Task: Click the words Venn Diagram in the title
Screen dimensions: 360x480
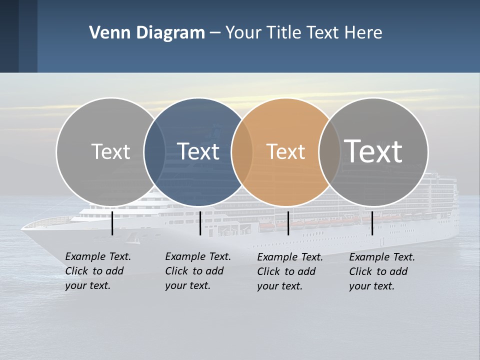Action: pos(146,33)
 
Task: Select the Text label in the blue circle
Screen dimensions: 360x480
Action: pos(198,151)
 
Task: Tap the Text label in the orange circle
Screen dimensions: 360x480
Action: pos(285,151)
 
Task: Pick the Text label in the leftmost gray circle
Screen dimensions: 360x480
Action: pos(110,151)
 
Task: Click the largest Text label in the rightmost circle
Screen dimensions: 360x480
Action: pos(373,151)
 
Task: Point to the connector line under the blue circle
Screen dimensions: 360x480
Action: pos(200,223)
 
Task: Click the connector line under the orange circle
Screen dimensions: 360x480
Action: pos(288,223)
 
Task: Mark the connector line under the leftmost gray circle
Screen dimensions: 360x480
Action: pos(112,223)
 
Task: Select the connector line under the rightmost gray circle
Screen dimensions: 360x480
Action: pos(372,223)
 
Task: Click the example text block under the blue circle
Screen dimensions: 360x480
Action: pos(198,271)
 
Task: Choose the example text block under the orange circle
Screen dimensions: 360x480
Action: pos(290,271)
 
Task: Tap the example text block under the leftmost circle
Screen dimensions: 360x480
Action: pos(98,271)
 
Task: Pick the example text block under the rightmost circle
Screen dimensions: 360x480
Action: pos(382,271)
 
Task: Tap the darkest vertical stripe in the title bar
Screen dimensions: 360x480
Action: pos(9,36)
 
